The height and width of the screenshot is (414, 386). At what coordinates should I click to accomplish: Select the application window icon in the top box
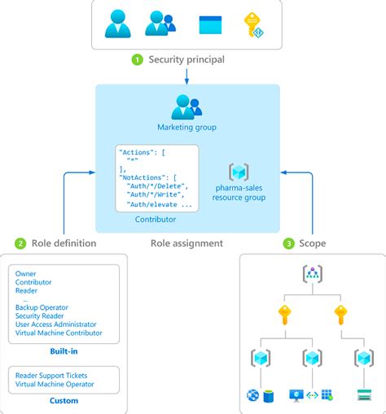[210, 25]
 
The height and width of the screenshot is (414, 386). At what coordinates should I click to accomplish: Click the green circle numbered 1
[138, 59]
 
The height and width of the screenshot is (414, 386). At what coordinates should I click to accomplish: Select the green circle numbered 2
[20, 243]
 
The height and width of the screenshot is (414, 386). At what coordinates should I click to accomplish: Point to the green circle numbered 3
[289, 243]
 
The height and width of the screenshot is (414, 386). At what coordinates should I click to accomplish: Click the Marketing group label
[187, 128]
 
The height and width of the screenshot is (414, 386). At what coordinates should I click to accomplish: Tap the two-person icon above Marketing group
[186, 107]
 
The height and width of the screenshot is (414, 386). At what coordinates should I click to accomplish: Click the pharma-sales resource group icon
[239, 172]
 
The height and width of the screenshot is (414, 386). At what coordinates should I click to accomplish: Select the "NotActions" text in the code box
[141, 176]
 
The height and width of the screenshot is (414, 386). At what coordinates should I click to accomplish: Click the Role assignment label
[186, 243]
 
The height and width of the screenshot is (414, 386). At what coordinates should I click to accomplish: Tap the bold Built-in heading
[63, 351]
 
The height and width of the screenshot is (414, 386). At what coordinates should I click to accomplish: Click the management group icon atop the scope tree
[313, 274]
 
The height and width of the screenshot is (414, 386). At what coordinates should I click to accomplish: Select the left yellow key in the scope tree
[284, 314]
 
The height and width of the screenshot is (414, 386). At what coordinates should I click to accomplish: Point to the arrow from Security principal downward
[187, 75]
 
